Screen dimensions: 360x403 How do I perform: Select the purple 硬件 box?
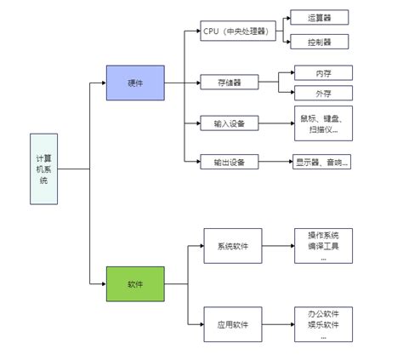click(134, 83)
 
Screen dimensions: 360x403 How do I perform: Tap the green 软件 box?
click(134, 283)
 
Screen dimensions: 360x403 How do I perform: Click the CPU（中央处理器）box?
click(235, 32)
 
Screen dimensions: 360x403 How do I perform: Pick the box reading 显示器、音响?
click(321, 161)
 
